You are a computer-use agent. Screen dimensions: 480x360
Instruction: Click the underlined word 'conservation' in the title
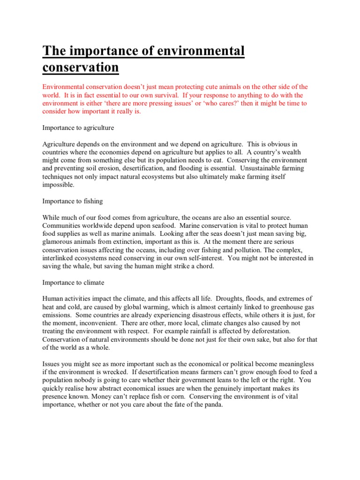(x=81, y=67)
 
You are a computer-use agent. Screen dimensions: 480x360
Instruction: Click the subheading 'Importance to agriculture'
(x=78, y=127)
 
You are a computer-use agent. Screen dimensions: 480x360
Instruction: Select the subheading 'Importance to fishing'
(x=73, y=201)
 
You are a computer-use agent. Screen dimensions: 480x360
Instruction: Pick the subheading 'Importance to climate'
(x=73, y=283)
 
